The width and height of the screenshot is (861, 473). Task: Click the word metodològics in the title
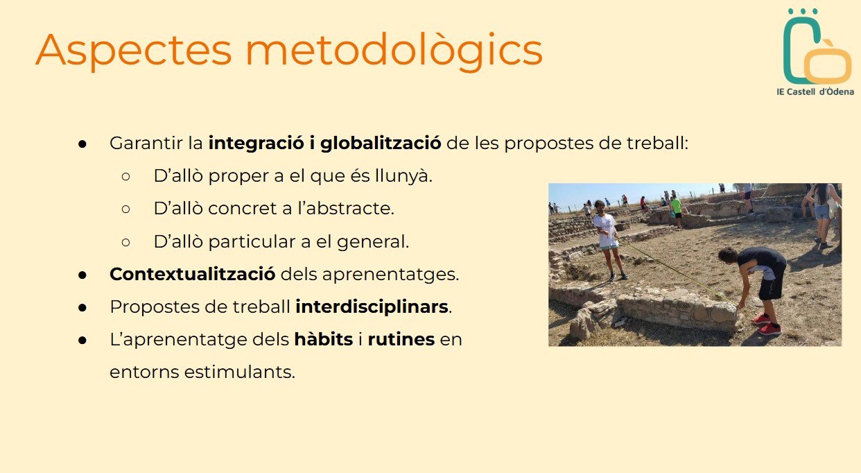[x=394, y=50]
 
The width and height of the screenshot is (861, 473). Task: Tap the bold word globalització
[x=381, y=144]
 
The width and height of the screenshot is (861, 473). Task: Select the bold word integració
[x=256, y=144]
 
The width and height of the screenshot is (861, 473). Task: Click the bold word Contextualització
[x=193, y=274]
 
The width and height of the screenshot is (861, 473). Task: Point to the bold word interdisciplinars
[x=372, y=307]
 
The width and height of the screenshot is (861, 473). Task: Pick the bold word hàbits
[x=323, y=339]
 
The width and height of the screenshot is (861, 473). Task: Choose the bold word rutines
[x=401, y=340]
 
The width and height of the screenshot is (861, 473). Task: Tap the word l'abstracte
[x=345, y=209]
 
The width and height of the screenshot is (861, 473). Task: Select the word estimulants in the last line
[x=239, y=372]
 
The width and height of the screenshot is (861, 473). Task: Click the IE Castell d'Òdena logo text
[x=815, y=92]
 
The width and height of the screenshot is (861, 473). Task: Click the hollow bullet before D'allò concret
[x=125, y=209]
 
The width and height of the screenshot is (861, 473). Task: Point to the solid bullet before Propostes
[x=82, y=308]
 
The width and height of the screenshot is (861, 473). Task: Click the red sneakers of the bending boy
[x=767, y=324]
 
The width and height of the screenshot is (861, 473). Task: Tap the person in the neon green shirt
[x=676, y=211]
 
